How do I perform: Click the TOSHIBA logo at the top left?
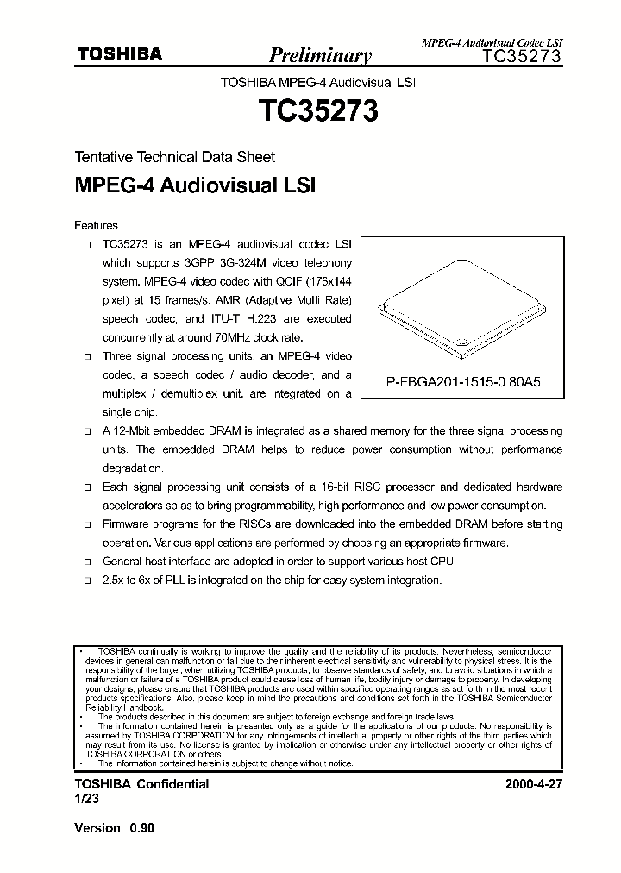(120, 54)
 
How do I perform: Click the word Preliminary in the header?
(320, 57)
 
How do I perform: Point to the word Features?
(96, 226)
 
